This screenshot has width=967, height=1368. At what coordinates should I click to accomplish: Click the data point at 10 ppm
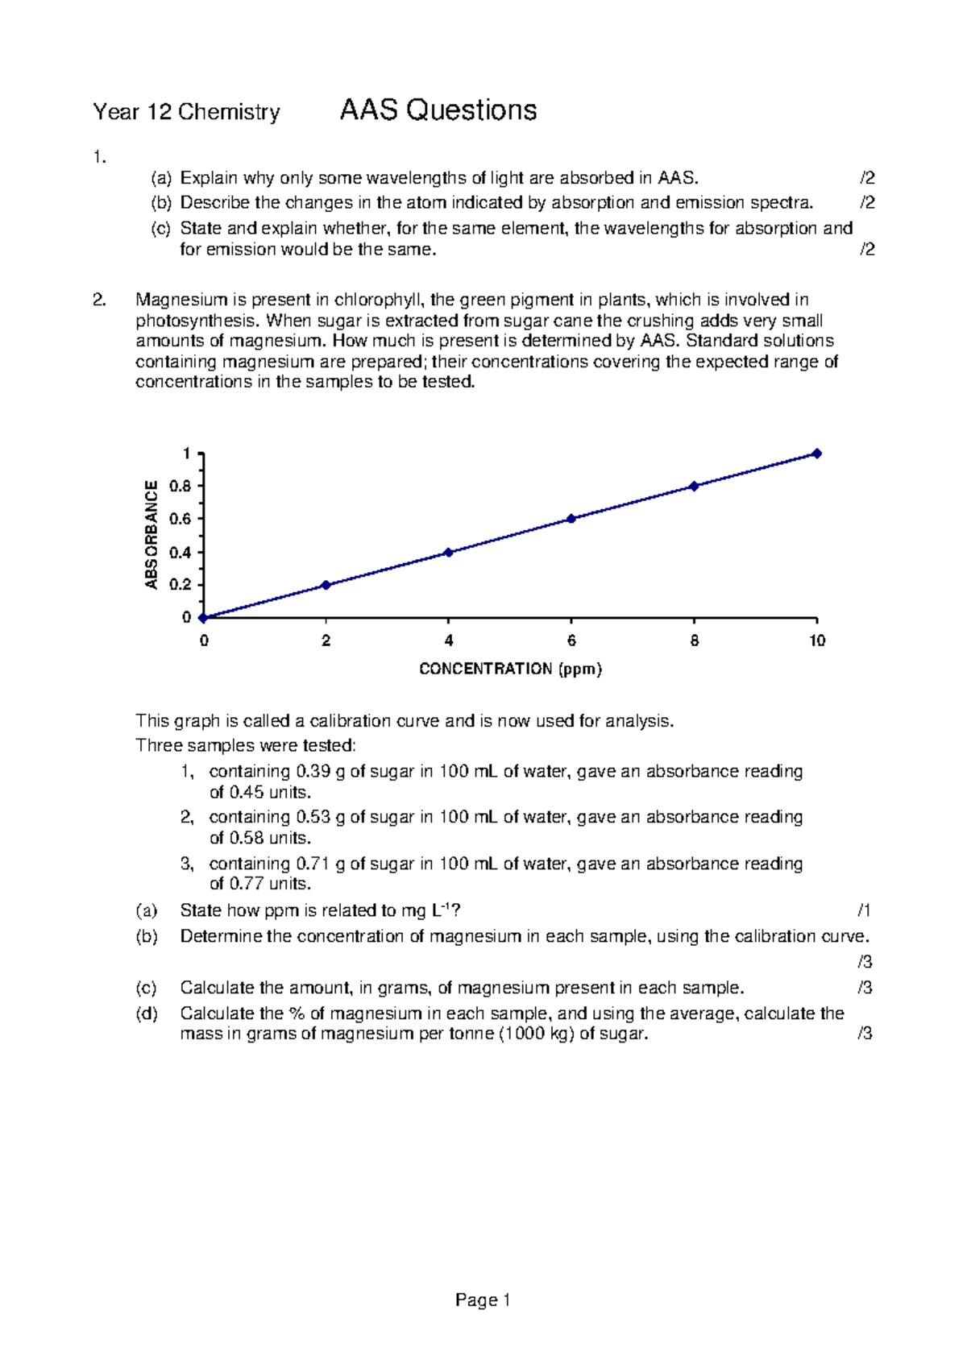(x=816, y=454)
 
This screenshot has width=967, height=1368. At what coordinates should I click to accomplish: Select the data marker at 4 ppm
(x=448, y=553)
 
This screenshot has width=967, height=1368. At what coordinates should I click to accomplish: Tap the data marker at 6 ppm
(x=571, y=519)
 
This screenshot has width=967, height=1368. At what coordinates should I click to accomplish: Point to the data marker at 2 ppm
(x=326, y=585)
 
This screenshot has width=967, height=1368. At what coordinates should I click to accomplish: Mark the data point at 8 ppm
(x=694, y=486)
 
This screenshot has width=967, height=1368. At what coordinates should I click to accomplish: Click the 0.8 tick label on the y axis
(x=181, y=487)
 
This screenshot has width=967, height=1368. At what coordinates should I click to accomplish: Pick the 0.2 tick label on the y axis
(x=181, y=585)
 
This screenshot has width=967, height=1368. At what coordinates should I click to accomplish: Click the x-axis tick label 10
(x=817, y=641)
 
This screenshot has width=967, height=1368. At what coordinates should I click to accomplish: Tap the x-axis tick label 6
(x=571, y=641)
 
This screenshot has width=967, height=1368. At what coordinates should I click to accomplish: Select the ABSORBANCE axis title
(x=151, y=534)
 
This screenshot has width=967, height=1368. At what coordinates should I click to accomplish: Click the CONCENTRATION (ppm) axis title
(x=511, y=669)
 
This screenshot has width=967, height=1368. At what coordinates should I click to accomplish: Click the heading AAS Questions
(x=438, y=110)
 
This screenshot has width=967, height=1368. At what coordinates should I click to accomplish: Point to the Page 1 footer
(x=483, y=1300)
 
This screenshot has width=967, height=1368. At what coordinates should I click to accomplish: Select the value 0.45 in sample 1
(x=247, y=792)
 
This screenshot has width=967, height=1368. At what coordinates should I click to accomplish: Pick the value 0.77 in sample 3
(x=247, y=884)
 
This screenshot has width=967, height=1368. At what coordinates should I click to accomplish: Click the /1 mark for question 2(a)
(x=864, y=910)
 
